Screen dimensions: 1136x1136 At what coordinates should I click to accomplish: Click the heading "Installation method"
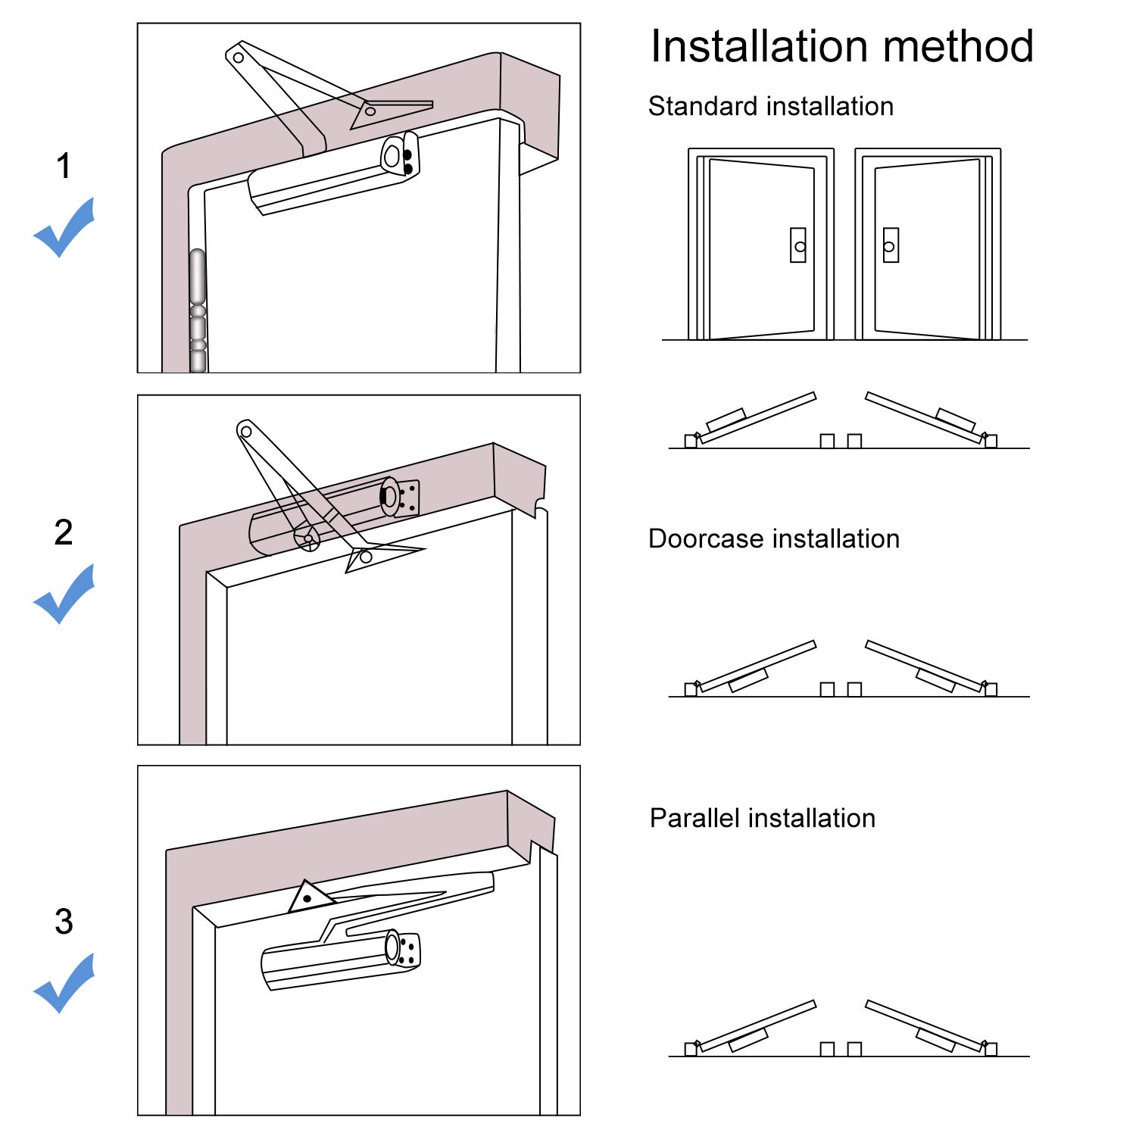[842, 46]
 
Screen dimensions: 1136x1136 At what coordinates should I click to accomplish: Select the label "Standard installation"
[771, 106]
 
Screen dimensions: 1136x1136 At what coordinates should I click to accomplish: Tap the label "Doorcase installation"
[774, 538]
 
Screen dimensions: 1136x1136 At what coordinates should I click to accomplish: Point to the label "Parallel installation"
[763, 818]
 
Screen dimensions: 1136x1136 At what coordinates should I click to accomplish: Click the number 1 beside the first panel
[64, 166]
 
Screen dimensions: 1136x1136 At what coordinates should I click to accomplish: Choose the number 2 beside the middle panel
[64, 532]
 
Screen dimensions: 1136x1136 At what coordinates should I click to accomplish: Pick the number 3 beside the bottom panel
[64, 922]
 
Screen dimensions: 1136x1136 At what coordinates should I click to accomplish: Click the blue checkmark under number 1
[64, 227]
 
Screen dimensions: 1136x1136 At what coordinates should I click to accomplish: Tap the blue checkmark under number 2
[64, 594]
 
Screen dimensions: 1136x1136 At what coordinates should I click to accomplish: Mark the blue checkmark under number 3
[64, 983]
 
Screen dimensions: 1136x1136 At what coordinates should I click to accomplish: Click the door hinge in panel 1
[198, 311]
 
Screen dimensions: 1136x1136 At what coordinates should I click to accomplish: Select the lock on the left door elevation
[798, 245]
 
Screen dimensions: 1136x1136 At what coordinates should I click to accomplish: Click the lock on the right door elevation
[891, 245]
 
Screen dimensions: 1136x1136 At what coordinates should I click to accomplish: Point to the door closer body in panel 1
[333, 174]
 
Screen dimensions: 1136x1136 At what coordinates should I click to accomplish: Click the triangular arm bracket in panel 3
[311, 897]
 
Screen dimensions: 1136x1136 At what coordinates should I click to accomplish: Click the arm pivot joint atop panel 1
[239, 58]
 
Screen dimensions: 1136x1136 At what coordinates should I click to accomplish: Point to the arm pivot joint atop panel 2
[245, 432]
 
